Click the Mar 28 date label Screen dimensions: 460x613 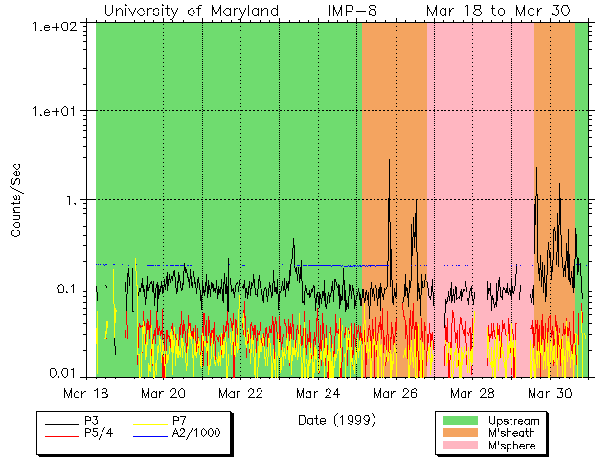tap(473, 393)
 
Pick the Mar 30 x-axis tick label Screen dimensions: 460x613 tap(551, 393)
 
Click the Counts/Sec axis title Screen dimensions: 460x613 tap(16, 199)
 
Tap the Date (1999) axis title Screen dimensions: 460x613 tap(336, 419)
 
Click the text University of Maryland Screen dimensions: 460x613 tap(191, 11)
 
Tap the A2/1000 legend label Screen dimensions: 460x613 tap(196, 433)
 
